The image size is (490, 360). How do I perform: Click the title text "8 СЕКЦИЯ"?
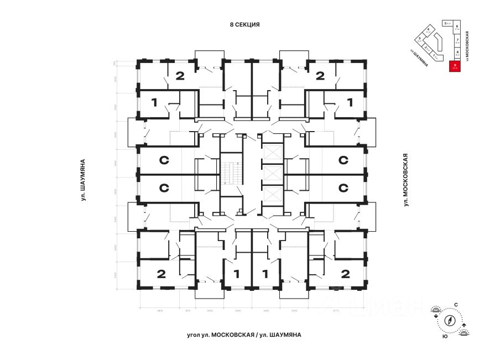[244, 25]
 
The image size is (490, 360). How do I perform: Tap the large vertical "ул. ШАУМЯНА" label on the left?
[82, 179]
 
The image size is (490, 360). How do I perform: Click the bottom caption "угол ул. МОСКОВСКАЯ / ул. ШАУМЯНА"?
[244, 335]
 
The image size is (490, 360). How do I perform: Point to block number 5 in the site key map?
[445, 24]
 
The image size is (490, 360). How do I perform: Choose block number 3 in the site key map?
[420, 39]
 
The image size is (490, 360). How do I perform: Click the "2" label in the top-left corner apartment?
[180, 76]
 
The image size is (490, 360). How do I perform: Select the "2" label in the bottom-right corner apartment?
[346, 273]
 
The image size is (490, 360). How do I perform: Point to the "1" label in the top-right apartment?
[350, 102]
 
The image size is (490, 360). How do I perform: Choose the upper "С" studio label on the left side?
[164, 160]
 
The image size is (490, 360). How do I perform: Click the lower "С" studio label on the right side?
[343, 188]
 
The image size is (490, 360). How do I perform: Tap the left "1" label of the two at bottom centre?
[237, 273]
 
